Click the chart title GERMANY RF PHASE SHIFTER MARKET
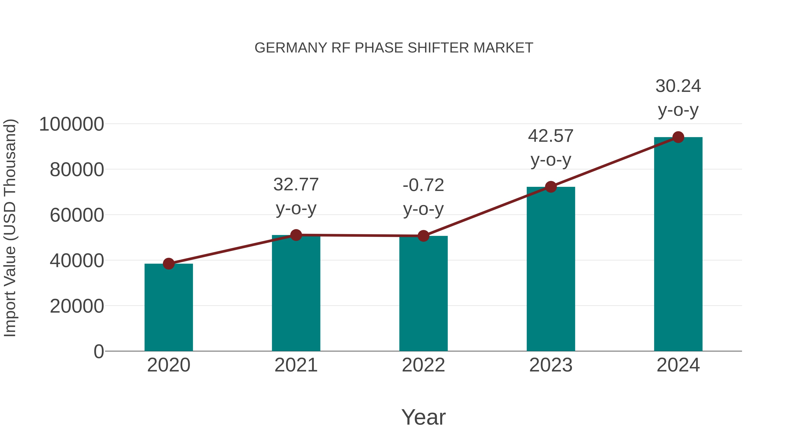point(394,48)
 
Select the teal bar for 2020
point(169,307)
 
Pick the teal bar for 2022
point(423,294)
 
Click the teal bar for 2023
point(551,269)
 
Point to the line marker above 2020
point(169,264)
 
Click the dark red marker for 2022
point(423,236)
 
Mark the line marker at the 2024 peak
point(678,137)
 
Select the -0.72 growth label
point(423,197)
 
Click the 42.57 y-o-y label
point(551,148)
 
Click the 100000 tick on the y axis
point(71,124)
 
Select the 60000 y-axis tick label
point(77,215)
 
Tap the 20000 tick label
point(77,306)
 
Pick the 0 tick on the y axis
point(99,351)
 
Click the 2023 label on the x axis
point(551,365)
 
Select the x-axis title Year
point(423,417)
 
